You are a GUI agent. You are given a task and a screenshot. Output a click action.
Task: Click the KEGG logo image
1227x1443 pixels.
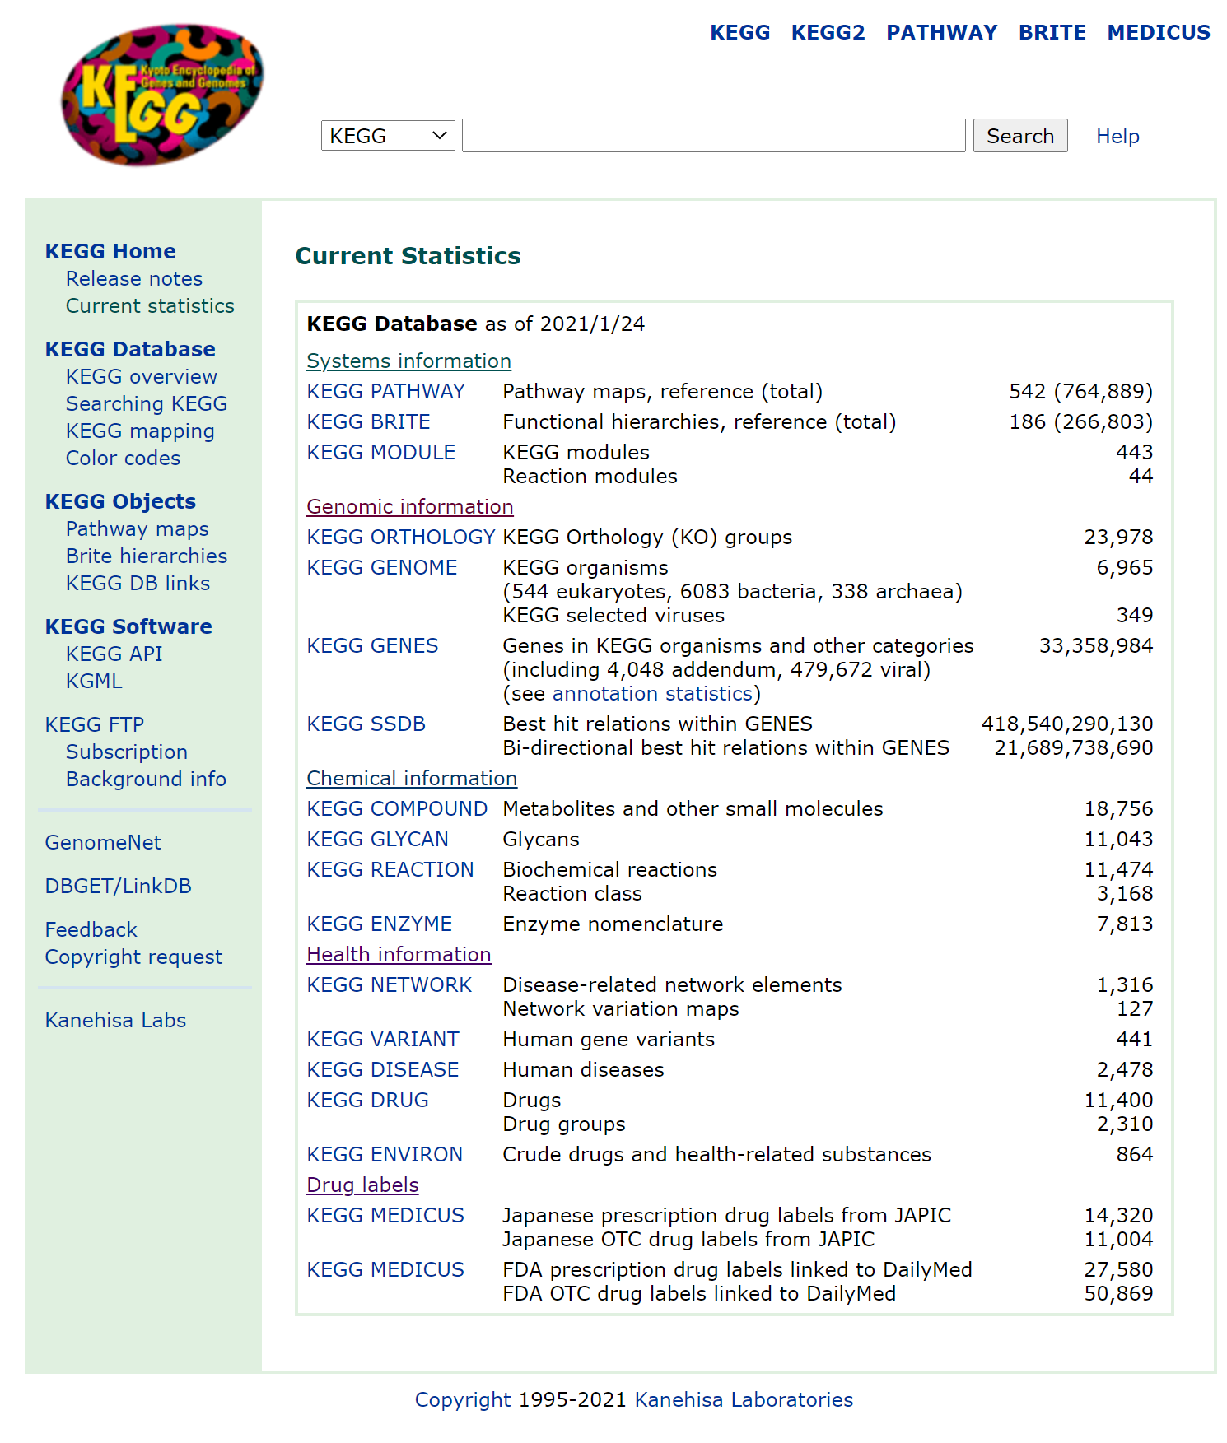click(x=162, y=95)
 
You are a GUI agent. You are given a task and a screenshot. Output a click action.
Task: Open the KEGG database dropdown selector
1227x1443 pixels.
click(x=387, y=136)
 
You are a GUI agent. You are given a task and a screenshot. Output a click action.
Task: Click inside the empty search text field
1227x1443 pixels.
click(x=713, y=136)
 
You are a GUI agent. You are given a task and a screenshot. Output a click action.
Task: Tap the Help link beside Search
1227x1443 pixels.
click(x=1117, y=137)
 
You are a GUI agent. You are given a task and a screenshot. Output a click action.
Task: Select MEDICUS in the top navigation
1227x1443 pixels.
click(x=1158, y=33)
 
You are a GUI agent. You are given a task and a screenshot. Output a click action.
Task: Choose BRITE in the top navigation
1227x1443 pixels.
click(x=1052, y=33)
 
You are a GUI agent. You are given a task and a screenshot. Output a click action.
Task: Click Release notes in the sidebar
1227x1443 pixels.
click(x=133, y=279)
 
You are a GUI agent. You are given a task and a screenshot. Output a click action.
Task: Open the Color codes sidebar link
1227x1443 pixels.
click(x=123, y=459)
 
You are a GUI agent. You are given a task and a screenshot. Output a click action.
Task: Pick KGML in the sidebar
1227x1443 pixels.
click(x=94, y=682)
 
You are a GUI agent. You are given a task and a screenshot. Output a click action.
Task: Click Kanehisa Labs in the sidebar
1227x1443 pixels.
click(x=115, y=1021)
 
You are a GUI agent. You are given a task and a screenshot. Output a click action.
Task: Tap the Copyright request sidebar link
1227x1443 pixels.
click(x=133, y=957)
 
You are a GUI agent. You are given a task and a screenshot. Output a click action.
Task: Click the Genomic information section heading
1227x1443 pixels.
click(x=409, y=507)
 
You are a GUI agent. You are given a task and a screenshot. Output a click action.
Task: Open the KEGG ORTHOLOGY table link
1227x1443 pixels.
click(x=400, y=538)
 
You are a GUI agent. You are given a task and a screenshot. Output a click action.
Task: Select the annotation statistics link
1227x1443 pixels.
click(x=652, y=694)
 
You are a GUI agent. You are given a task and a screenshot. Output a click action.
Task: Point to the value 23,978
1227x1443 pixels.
click(x=1117, y=538)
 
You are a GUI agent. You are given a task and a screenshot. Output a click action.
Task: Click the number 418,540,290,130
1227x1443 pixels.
click(x=1066, y=724)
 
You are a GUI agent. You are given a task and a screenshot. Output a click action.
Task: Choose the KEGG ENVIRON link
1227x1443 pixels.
click(x=384, y=1155)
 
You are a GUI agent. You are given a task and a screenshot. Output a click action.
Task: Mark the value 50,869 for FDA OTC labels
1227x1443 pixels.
click(x=1117, y=1294)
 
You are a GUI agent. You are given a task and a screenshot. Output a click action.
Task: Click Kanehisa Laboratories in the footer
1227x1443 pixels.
click(x=743, y=1400)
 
